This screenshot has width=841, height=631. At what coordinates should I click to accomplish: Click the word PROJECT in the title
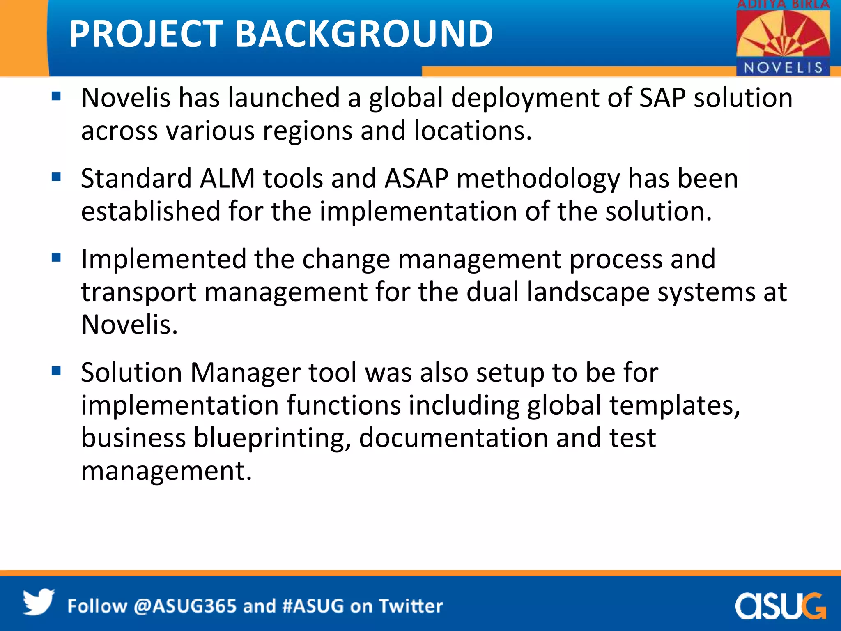[146, 34]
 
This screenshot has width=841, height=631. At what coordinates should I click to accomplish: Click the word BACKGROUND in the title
[363, 34]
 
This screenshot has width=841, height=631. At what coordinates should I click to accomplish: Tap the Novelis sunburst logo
[783, 35]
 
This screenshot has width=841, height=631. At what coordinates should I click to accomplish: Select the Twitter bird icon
[38, 602]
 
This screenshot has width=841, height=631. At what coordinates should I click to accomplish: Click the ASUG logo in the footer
[780, 606]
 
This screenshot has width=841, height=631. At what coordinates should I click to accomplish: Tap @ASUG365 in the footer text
[185, 606]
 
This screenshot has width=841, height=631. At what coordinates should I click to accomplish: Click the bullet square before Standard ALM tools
[56, 177]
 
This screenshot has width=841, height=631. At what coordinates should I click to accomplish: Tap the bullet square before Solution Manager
[56, 371]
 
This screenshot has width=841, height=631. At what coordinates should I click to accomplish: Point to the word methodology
[538, 179]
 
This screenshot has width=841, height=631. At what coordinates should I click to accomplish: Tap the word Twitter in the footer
[410, 606]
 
